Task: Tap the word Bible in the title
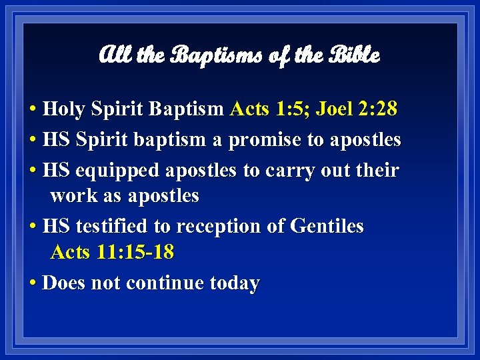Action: tap(354, 55)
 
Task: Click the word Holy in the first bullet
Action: tap(64, 108)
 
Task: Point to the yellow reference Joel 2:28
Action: tap(357, 108)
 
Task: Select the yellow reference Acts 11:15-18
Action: tap(112, 253)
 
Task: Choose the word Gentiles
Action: tap(327, 226)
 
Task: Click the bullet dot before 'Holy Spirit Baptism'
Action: tap(33, 109)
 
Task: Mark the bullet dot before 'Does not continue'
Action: tap(33, 284)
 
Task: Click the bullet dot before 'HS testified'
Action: tap(33, 227)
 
